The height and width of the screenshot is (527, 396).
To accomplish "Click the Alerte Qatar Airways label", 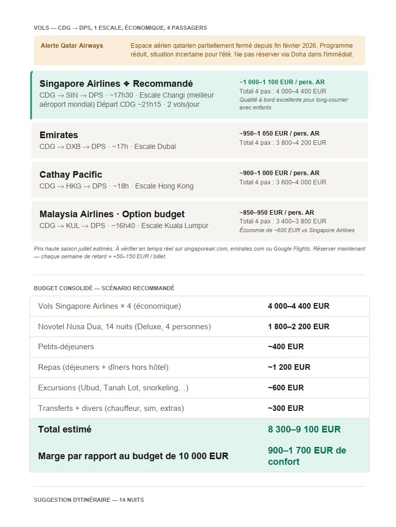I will click(71, 46).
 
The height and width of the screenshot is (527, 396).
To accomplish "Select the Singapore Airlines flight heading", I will click(116, 84).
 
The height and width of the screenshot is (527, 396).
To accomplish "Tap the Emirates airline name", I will click(59, 135).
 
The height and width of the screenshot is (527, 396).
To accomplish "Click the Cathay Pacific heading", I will click(70, 175).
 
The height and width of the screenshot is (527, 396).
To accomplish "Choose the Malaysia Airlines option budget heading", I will click(112, 214).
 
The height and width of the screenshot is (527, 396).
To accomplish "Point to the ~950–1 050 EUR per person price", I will click(279, 134).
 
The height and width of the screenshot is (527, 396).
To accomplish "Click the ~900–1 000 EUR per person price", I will click(279, 173).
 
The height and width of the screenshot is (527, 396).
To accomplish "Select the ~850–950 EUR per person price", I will click(276, 213).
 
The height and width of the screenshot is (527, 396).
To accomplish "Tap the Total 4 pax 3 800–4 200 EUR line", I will click(282, 143).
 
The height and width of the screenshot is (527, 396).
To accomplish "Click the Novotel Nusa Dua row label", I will click(124, 327).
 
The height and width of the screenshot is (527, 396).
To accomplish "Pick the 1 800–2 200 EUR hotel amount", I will click(298, 327).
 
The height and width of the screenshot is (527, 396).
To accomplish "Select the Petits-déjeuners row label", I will click(66, 347).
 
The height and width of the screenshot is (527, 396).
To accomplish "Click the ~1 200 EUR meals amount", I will click(289, 367).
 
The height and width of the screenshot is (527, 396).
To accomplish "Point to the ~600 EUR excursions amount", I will click(285, 388).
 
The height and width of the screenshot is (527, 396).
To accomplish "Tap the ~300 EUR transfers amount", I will click(285, 408).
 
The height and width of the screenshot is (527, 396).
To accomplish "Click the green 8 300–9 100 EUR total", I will click(304, 429).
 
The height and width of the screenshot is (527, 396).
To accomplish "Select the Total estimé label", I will click(65, 429).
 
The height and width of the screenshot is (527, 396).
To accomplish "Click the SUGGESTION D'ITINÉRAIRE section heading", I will click(88, 500).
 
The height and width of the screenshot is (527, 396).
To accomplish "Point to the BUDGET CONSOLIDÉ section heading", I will click(104, 288).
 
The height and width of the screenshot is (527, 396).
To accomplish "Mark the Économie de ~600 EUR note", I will click(296, 230).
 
